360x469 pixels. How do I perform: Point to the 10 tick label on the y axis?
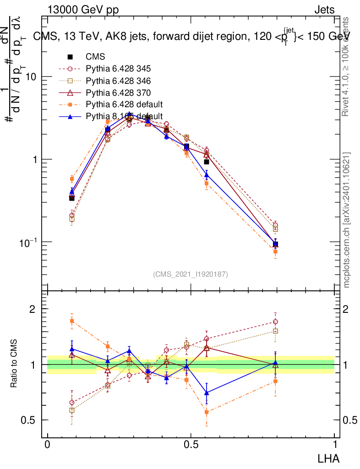31,77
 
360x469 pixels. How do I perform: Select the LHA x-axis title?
329,458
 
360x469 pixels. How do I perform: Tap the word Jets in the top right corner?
324,10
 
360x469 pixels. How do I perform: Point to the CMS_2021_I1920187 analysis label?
191,274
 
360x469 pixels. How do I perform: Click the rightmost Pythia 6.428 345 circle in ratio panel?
275,322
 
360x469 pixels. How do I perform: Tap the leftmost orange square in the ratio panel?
72,321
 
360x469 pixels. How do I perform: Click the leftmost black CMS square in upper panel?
72,198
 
